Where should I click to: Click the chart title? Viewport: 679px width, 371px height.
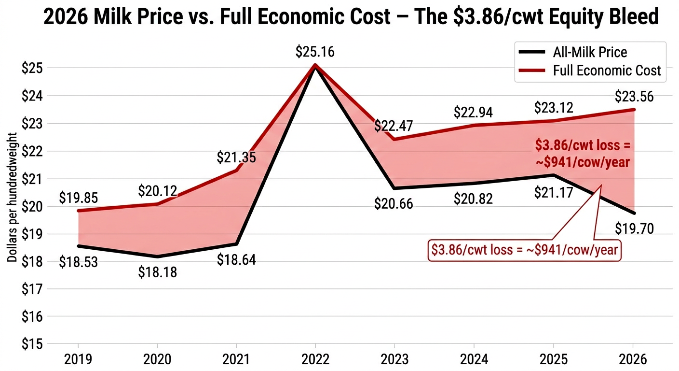pos(351,17)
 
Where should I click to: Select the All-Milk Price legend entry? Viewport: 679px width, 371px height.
pos(597,52)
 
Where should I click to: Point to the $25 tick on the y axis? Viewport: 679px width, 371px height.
pos(32,68)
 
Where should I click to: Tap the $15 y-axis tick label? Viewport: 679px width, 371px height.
pos(32,344)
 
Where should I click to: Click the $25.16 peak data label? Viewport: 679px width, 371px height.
pos(315,52)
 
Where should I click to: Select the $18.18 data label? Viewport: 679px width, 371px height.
pos(157,272)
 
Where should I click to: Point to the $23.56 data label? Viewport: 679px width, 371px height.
pos(634,97)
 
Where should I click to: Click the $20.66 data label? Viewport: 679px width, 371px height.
pos(394,204)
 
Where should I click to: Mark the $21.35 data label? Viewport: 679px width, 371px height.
pos(236,157)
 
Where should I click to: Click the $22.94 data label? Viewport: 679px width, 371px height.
pos(473,112)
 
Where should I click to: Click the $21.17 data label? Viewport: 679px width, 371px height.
pos(553,193)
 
